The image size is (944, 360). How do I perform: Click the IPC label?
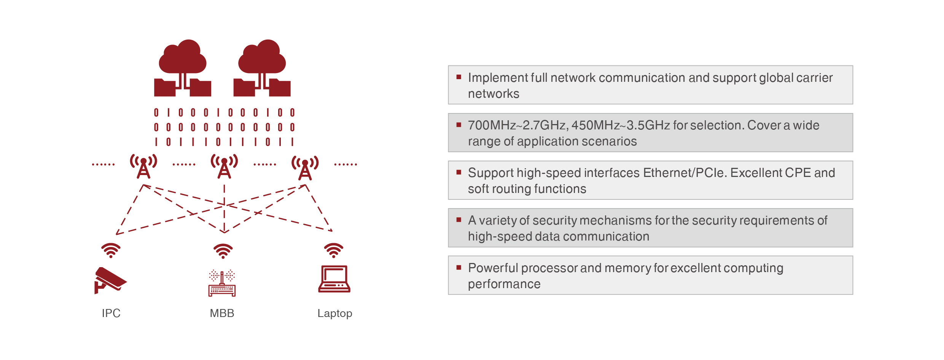pyautogui.click(x=111, y=313)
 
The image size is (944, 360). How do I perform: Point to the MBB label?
pyautogui.click(x=222, y=313)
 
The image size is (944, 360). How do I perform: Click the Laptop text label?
pyautogui.click(x=335, y=313)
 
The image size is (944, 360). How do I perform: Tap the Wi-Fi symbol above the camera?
pyautogui.click(x=111, y=250)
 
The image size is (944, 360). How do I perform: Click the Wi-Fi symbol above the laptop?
pyautogui.click(x=334, y=250)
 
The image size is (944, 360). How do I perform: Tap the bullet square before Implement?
pyautogui.click(x=459, y=77)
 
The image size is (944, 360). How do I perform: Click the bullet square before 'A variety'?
pyautogui.click(x=459, y=220)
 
